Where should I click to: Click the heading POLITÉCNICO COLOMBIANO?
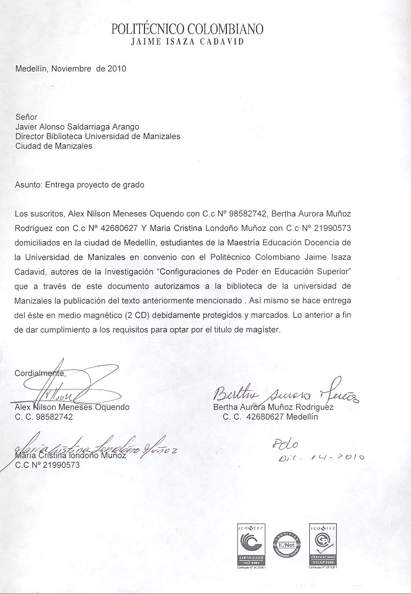click(187, 29)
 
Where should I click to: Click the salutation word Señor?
click(26, 117)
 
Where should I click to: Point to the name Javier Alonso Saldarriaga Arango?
click(77, 127)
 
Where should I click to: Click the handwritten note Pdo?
click(288, 443)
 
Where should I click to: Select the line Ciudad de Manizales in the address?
click(54, 146)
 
